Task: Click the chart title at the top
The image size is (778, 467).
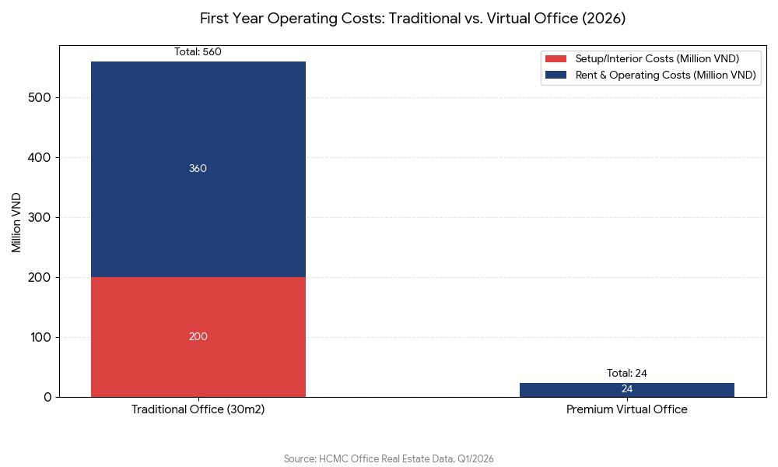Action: (x=412, y=18)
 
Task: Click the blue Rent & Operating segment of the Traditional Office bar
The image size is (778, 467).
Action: (x=198, y=202)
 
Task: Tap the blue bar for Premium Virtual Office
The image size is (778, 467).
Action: (x=626, y=390)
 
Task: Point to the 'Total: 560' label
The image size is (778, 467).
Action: (x=198, y=52)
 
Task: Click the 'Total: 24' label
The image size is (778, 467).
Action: (x=626, y=374)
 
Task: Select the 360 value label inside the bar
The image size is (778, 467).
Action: (x=198, y=169)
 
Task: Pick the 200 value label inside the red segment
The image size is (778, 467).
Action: (x=198, y=337)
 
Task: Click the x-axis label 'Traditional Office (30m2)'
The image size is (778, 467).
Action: (x=198, y=409)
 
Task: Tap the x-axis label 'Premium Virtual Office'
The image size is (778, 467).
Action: (x=626, y=409)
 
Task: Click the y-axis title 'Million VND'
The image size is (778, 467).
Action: (x=16, y=222)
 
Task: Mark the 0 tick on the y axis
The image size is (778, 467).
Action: (x=47, y=398)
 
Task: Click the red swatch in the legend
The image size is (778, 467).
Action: (x=556, y=59)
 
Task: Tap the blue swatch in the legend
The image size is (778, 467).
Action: (x=556, y=75)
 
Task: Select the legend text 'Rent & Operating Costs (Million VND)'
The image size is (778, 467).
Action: (x=665, y=75)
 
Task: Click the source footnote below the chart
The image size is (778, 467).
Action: (x=389, y=459)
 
